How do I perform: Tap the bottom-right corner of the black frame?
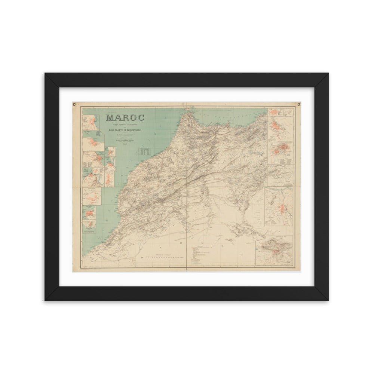click(329, 301)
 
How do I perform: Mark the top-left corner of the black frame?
click(45, 73)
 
